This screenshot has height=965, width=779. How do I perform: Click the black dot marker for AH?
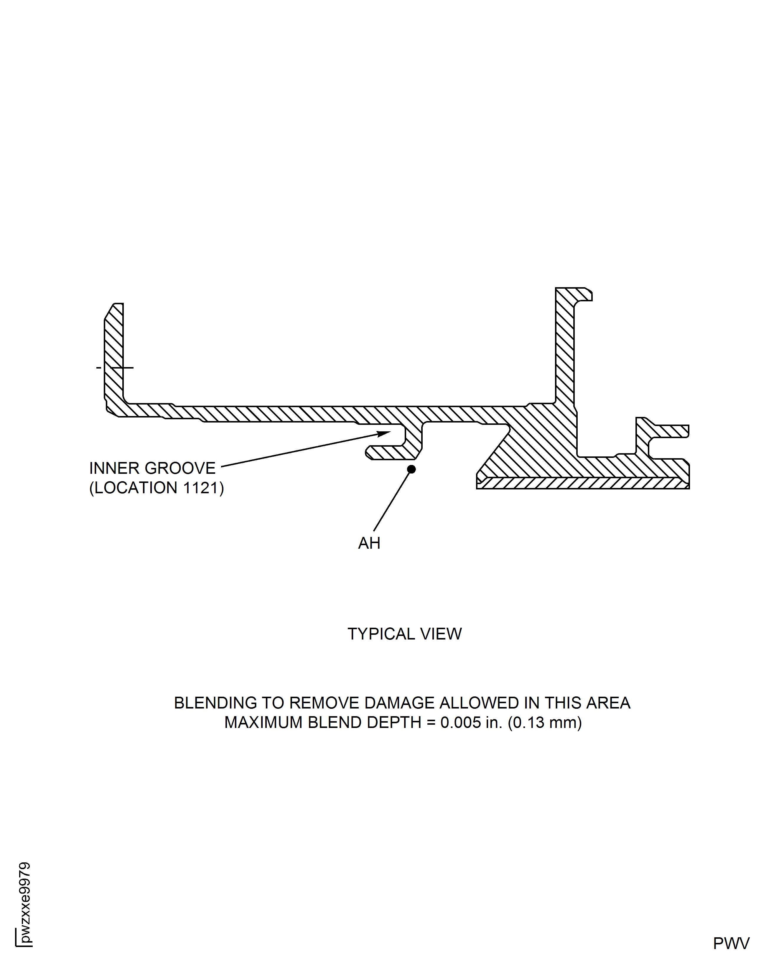pos(411,469)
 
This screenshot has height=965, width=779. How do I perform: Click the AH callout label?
pos(369,543)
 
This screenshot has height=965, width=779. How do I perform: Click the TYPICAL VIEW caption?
pos(404,634)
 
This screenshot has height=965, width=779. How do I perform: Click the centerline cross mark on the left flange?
pos(115,368)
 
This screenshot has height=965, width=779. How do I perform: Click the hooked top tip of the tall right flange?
pos(583,294)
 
